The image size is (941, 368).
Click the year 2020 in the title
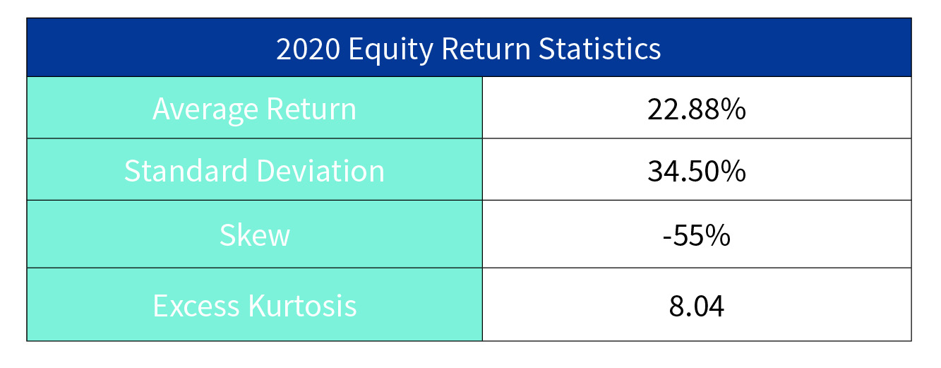(x=308, y=49)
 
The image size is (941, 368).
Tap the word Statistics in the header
(x=600, y=49)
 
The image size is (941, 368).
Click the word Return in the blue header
(x=486, y=49)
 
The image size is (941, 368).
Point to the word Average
(x=205, y=111)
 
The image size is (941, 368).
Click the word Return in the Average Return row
(x=311, y=109)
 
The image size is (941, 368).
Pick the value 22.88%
(x=696, y=109)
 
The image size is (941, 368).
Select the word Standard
(x=186, y=171)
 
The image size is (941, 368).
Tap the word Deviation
(x=320, y=171)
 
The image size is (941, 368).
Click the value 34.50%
(x=696, y=171)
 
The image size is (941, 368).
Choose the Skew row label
(x=255, y=235)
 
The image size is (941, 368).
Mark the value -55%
(x=696, y=235)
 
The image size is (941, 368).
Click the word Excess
(x=196, y=306)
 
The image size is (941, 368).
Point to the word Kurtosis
(x=302, y=305)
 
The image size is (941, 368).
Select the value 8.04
(x=696, y=306)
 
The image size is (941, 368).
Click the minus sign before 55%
(x=666, y=238)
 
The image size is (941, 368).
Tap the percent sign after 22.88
(x=731, y=109)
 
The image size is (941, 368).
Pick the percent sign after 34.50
(x=731, y=171)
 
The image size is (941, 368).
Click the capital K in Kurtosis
(x=257, y=306)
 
